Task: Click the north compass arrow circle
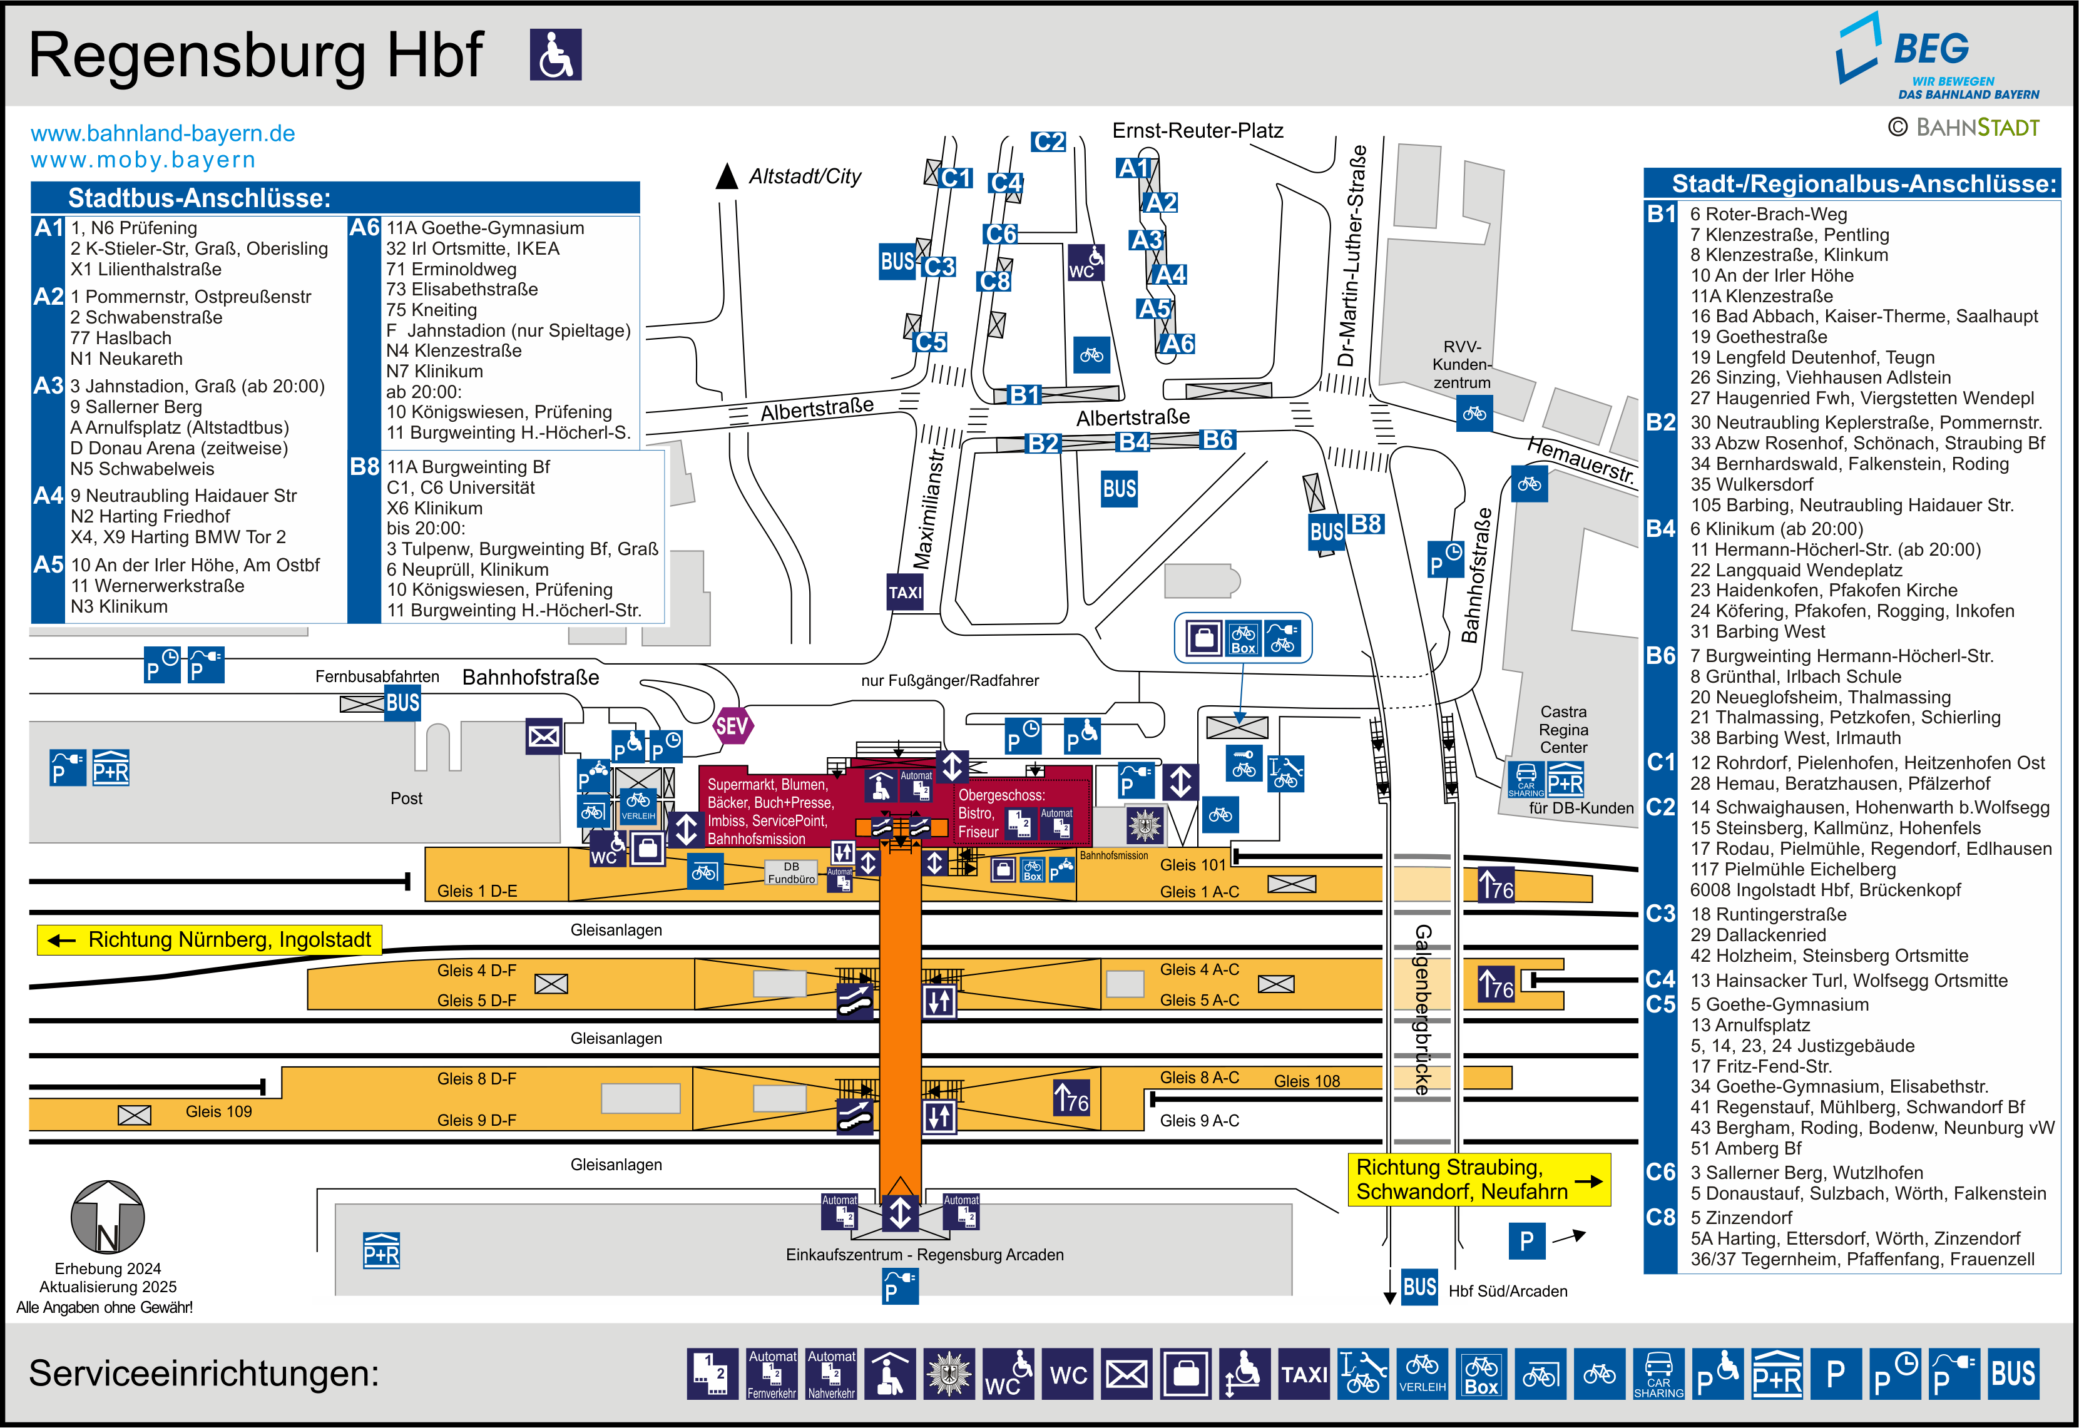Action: (x=108, y=1217)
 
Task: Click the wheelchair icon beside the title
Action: (x=556, y=54)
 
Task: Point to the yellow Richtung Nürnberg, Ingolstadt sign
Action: (x=209, y=939)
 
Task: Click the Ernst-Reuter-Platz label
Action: (x=1197, y=131)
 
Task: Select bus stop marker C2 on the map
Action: (x=1048, y=141)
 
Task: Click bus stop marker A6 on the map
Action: (x=1177, y=344)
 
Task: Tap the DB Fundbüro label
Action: (x=792, y=872)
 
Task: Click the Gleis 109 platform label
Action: (x=218, y=1111)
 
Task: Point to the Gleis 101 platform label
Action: (x=1192, y=864)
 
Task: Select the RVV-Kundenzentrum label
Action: (x=1462, y=364)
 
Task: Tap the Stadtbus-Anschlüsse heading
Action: (x=200, y=198)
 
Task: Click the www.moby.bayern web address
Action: (x=143, y=160)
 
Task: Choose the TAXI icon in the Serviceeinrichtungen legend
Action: (x=1304, y=1374)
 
